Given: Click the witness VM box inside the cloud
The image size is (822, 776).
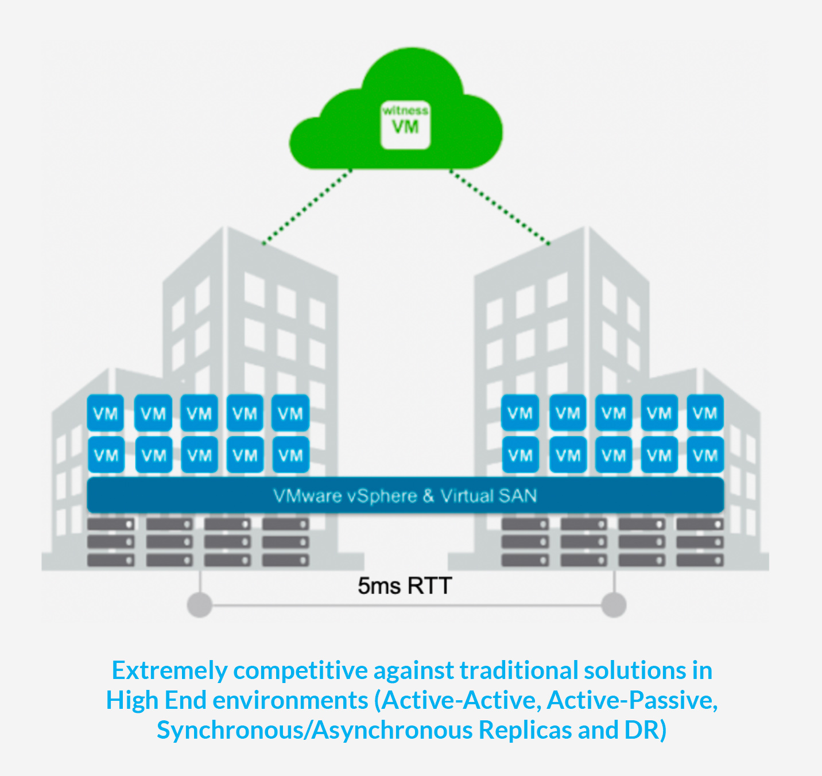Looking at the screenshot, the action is [x=405, y=125].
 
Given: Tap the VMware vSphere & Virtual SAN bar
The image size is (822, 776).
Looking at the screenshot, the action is [x=405, y=495].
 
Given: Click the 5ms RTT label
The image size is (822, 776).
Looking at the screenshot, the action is [x=404, y=586].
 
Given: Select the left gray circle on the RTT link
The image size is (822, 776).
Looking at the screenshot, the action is [x=200, y=604].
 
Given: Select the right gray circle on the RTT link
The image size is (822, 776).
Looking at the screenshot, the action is [x=614, y=604].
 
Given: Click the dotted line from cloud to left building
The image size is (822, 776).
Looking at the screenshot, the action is [x=307, y=207].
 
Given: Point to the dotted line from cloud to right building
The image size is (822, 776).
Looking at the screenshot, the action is [x=500, y=207].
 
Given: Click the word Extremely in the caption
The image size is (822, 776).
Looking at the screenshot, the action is [x=170, y=670].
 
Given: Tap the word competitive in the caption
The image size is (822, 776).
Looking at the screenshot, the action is [x=300, y=671].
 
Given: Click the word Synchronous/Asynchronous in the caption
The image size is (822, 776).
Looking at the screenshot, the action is [x=315, y=730].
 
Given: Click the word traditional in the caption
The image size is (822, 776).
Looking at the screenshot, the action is [x=519, y=670].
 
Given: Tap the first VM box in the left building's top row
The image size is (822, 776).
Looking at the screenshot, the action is [x=106, y=413].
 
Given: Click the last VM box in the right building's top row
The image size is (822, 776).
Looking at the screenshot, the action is [x=705, y=413].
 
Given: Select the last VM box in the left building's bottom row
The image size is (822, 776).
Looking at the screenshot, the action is [x=290, y=455].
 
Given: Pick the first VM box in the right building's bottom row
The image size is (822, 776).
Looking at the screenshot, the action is [x=520, y=455].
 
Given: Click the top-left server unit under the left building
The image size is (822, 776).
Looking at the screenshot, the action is [x=111, y=524].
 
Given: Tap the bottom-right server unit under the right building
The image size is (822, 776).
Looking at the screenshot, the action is [x=700, y=560].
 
